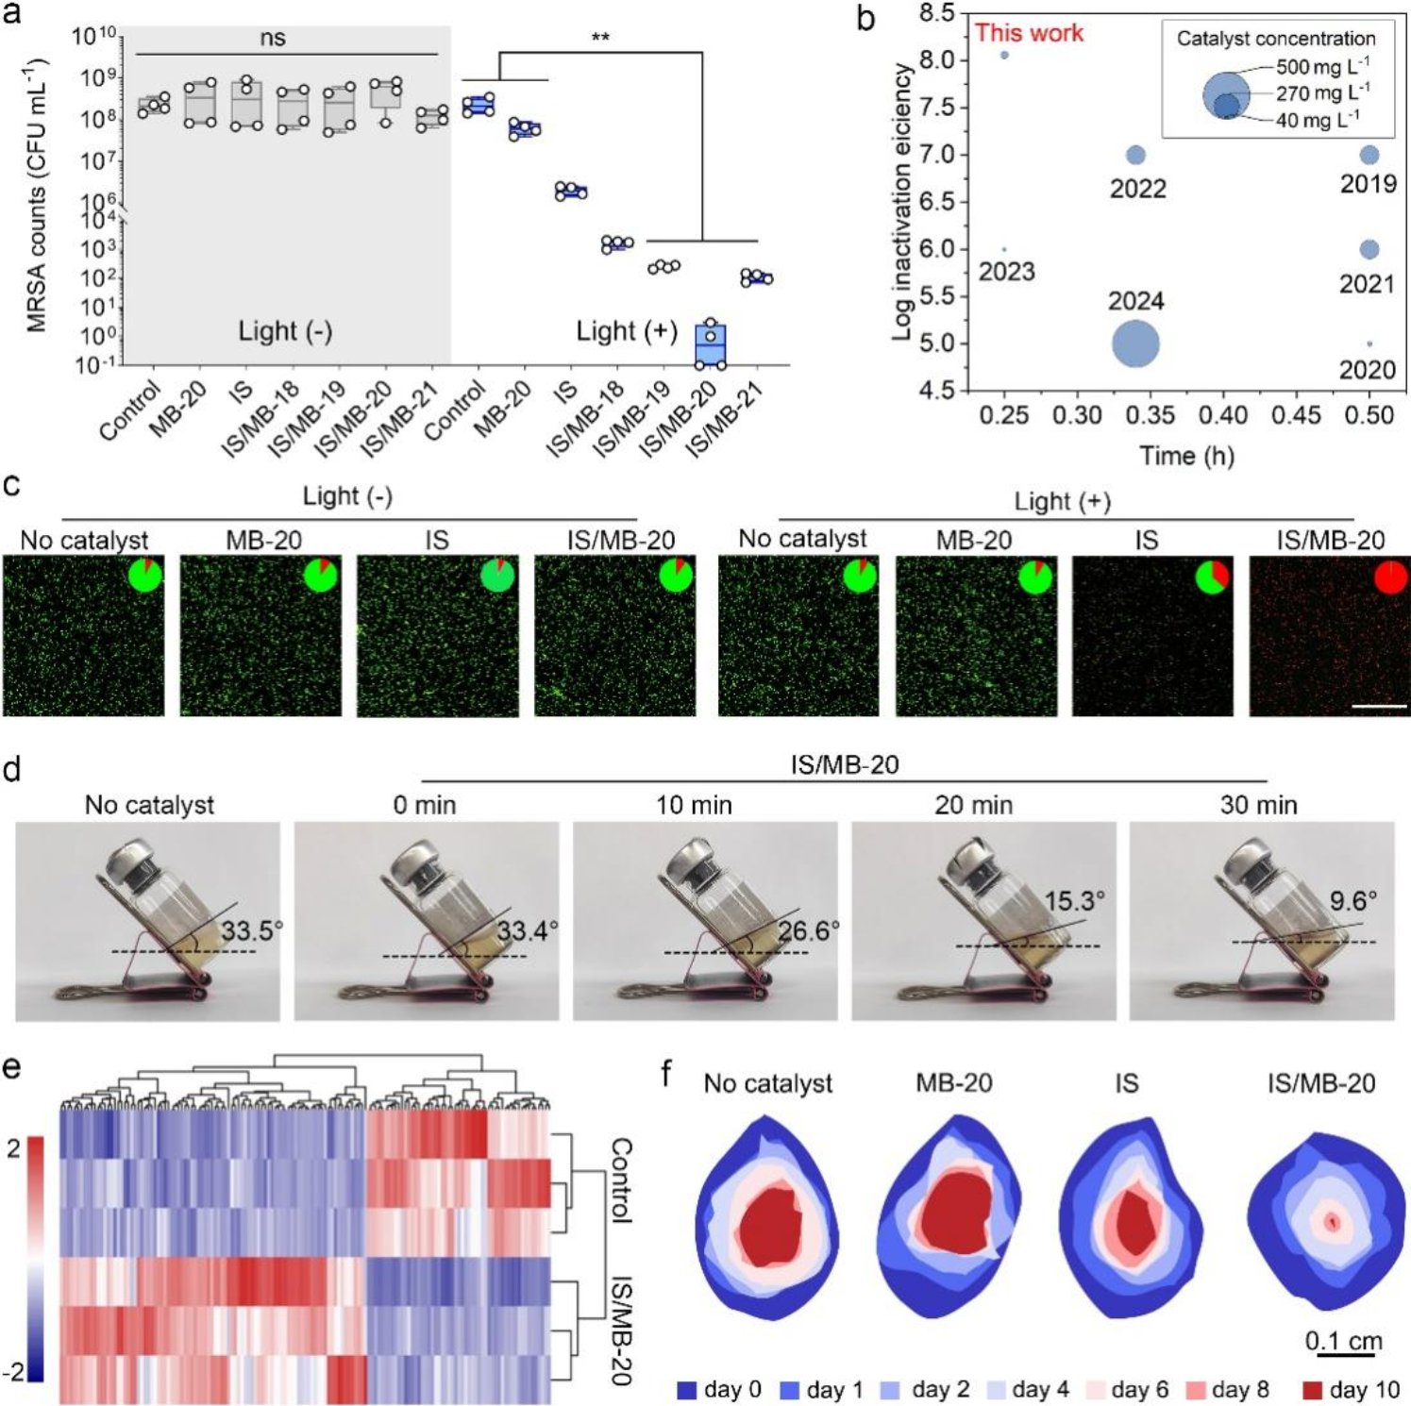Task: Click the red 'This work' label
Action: coord(1029,33)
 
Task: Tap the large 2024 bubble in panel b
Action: coord(1135,344)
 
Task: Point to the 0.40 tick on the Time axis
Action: coord(1223,415)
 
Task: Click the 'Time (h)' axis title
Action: coord(1186,456)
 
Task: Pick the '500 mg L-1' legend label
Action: coord(1322,66)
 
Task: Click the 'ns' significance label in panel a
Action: coord(273,39)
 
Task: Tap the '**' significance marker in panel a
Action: coord(600,39)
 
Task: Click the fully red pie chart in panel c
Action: coord(1390,577)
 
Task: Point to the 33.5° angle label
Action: coord(252,931)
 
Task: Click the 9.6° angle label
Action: coord(1352,901)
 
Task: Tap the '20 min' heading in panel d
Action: coord(973,805)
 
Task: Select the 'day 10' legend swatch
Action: coord(1312,1390)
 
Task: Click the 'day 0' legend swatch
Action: coord(687,1390)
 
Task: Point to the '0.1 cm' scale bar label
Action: coord(1343,1341)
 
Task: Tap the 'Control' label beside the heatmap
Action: coord(620,1180)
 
